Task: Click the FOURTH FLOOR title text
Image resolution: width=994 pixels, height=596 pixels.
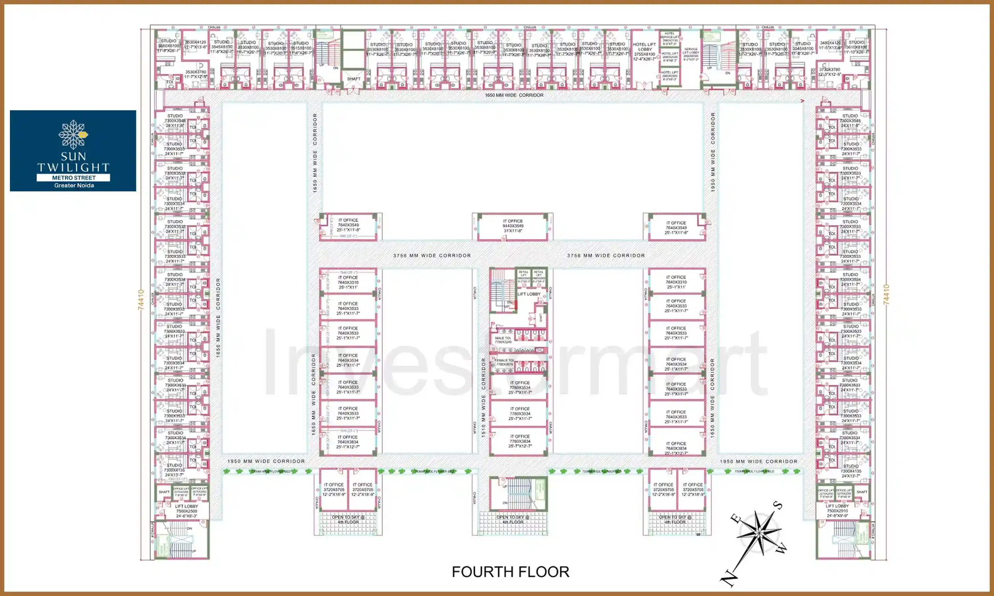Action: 510,572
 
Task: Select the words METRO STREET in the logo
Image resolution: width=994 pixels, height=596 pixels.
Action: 74,177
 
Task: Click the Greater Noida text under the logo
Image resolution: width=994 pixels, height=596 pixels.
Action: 74,185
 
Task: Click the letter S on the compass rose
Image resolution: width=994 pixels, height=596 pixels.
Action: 778,505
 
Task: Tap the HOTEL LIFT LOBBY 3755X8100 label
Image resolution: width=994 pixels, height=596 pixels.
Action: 644,52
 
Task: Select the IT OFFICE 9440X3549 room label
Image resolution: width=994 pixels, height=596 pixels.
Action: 513,226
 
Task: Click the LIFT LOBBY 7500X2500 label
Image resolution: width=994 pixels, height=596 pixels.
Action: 187,511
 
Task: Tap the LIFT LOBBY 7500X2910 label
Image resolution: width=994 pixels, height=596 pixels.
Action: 837,511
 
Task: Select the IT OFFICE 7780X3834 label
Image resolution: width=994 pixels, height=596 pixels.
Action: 520,441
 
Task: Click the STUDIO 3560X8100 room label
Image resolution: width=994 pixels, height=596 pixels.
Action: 168,46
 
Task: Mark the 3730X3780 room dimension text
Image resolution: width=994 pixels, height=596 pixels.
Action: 830,72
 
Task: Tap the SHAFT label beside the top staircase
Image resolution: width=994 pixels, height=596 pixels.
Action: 354,79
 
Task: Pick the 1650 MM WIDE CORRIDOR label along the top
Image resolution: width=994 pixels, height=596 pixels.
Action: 514,95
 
